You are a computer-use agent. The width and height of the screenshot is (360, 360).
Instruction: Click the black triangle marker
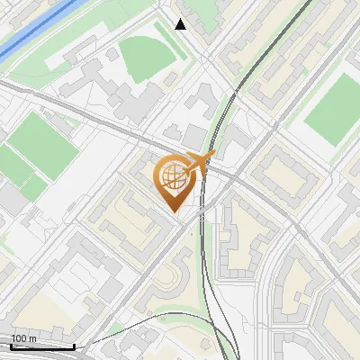[x=181, y=24]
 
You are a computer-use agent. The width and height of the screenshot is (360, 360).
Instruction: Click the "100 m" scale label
[x=23, y=338]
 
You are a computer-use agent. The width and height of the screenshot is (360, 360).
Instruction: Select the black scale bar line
[x=42, y=346]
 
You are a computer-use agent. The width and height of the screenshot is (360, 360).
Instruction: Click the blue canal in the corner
[x=27, y=31]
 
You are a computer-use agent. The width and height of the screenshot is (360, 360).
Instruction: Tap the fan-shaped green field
[x=144, y=58]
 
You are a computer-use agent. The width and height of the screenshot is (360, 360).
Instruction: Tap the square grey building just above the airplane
[x=195, y=137]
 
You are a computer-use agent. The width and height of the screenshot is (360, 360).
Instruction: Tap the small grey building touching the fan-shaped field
[x=112, y=54]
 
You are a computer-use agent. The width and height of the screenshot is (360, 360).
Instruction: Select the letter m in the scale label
[x=32, y=338]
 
